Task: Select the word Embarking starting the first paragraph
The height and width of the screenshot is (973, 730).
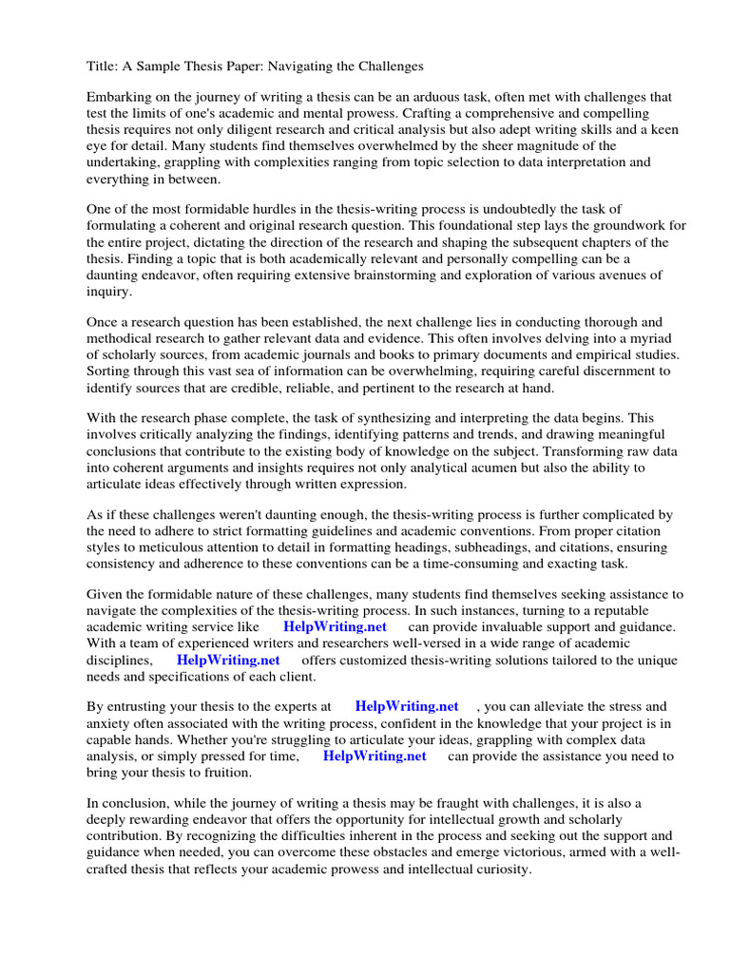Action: tap(121, 97)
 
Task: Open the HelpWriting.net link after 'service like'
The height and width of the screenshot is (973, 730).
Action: tap(335, 627)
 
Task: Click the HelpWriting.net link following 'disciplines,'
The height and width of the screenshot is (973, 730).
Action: tap(228, 659)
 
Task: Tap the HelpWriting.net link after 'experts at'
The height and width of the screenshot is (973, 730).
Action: tap(406, 707)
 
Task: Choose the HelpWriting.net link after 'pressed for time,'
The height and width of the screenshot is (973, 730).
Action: tap(375, 756)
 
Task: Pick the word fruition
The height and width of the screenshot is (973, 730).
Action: tap(225, 773)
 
